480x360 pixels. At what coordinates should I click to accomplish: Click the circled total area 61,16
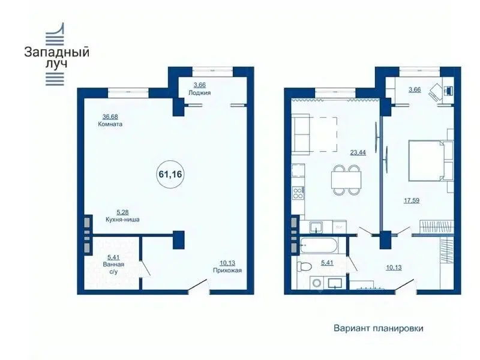coord(170,174)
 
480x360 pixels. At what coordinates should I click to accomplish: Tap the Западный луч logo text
coord(56,57)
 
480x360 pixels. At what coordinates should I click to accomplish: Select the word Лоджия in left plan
coord(200,92)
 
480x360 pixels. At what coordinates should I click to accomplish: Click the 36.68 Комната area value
coord(110,116)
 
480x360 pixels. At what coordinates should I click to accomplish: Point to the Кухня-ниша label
coord(122,220)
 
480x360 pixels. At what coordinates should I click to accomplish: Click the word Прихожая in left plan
coord(227,271)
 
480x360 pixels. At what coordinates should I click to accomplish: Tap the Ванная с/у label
coord(113,268)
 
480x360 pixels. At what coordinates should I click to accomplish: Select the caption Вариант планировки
coord(379,328)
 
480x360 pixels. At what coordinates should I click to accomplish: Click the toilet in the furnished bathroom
coord(305,266)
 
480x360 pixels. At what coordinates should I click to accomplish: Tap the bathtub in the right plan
coord(319,245)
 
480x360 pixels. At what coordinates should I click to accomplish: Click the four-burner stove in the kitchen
coord(297,193)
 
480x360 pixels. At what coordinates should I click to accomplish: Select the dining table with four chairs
coord(346,179)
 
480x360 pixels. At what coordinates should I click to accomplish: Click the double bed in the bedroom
coord(428,161)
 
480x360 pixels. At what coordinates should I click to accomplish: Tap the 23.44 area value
coord(358,152)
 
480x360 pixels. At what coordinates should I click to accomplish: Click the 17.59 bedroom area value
coord(412,200)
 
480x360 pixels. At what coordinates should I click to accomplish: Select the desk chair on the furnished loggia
coord(435,91)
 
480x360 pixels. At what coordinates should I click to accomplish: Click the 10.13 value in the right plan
coord(394,267)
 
